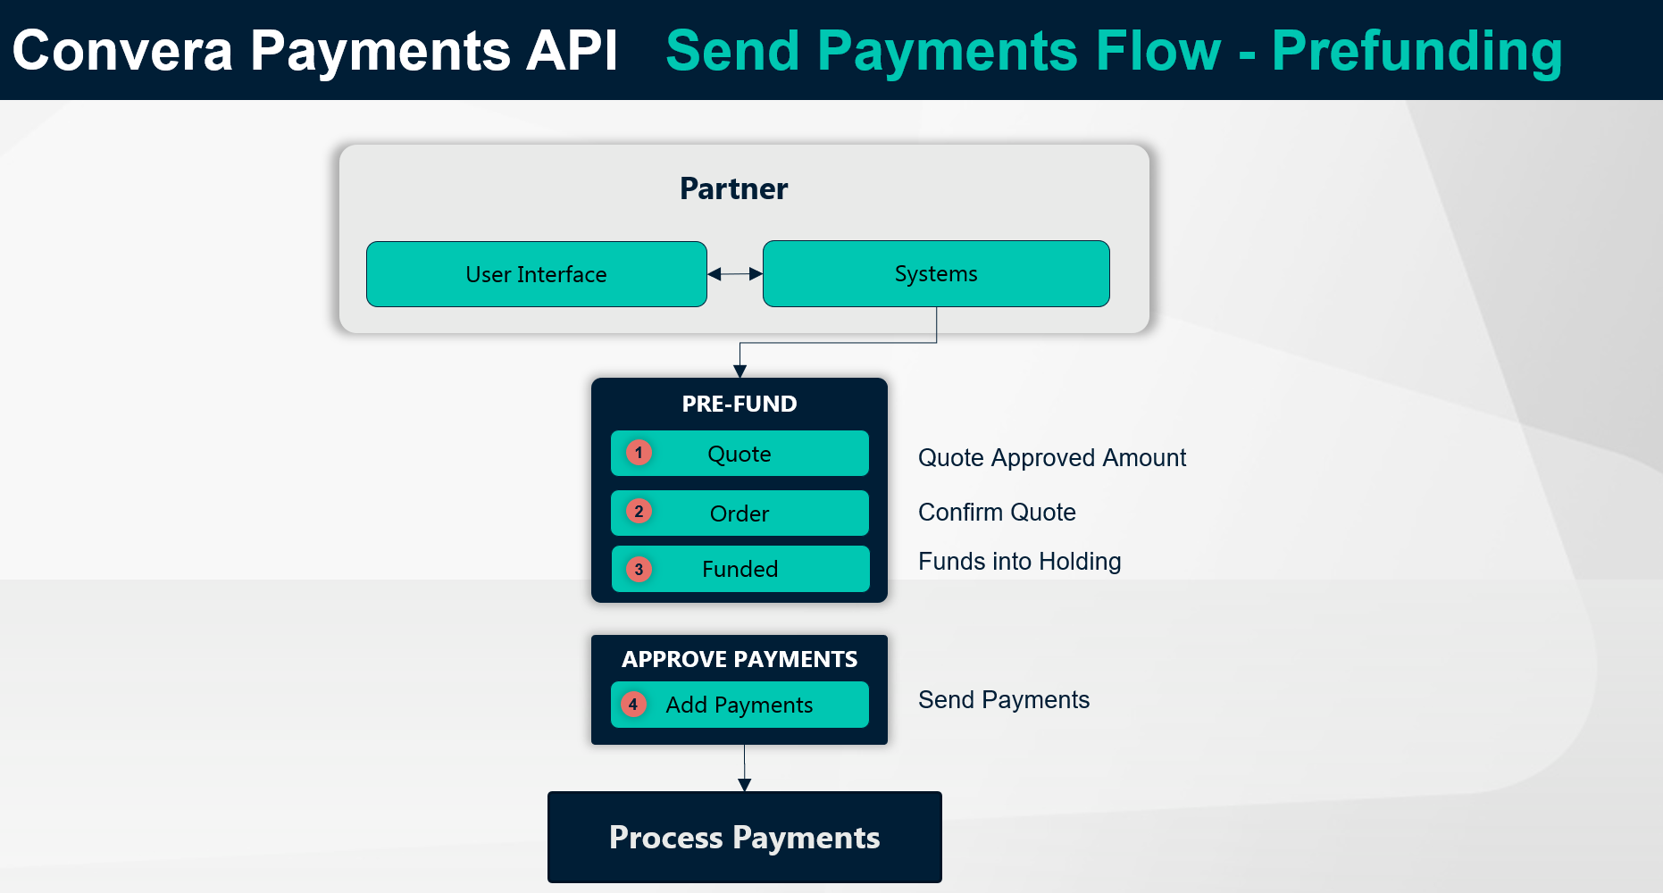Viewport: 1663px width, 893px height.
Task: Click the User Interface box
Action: pyautogui.click(x=537, y=274)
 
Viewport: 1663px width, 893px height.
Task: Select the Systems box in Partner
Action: pyautogui.click(x=936, y=273)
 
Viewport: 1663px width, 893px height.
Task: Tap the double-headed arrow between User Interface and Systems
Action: pyautogui.click(x=735, y=274)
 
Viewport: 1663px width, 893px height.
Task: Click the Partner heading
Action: pyautogui.click(x=734, y=189)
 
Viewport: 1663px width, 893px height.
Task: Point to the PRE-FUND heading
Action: pyautogui.click(x=740, y=404)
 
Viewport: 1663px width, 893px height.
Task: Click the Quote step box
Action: pyautogui.click(x=740, y=454)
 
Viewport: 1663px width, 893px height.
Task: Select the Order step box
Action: pyautogui.click(x=740, y=513)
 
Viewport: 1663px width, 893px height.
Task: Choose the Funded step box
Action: pyautogui.click(x=740, y=569)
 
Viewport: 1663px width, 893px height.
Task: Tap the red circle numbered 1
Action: pyautogui.click(x=639, y=453)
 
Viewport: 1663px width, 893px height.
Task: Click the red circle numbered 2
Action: pyautogui.click(x=639, y=512)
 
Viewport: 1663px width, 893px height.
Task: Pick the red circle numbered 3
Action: pyautogui.click(x=639, y=569)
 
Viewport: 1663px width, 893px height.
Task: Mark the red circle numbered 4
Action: pyautogui.click(x=633, y=704)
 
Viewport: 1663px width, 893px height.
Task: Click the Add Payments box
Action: pyautogui.click(x=740, y=705)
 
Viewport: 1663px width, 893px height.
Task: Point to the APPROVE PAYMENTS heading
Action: pyautogui.click(x=740, y=659)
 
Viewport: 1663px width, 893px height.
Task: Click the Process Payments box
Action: pyautogui.click(x=745, y=837)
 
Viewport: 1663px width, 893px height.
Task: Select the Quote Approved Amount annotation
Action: pyautogui.click(x=1052, y=458)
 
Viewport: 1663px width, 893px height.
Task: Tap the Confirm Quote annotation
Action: pyautogui.click(x=997, y=513)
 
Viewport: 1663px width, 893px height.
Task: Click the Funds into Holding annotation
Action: pyautogui.click(x=1019, y=562)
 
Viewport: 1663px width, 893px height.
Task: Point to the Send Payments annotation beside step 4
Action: pyautogui.click(x=1004, y=700)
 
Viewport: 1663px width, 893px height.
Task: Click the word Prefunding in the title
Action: pyautogui.click(x=1417, y=52)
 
